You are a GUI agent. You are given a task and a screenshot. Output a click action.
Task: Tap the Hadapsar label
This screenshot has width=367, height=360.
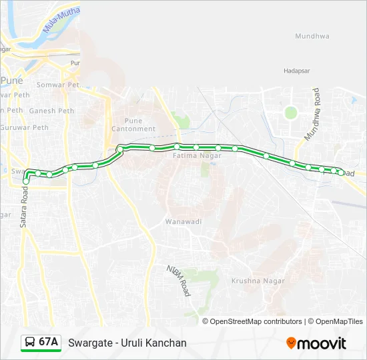pyautogui.click(x=297, y=70)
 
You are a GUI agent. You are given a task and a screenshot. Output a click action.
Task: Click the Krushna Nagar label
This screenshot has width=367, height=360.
pyautogui.click(x=258, y=281)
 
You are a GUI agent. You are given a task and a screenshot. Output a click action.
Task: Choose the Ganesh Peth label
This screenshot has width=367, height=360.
pyautogui.click(x=51, y=111)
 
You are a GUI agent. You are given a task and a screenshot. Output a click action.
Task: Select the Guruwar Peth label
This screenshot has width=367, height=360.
pyautogui.click(x=25, y=127)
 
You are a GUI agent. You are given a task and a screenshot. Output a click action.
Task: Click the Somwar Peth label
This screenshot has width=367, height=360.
pyautogui.click(x=58, y=85)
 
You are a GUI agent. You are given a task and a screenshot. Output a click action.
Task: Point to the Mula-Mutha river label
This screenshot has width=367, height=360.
pyautogui.click(x=61, y=21)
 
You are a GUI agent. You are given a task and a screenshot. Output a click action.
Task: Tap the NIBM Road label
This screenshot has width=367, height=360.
pyautogui.click(x=179, y=280)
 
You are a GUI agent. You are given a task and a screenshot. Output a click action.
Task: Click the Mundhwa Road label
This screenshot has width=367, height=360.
pyautogui.click(x=312, y=114)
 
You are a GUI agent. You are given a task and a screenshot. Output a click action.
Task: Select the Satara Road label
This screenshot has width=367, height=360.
pyautogui.click(x=23, y=207)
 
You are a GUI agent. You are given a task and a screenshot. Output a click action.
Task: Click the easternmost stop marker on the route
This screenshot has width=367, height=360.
pyautogui.click(x=341, y=173)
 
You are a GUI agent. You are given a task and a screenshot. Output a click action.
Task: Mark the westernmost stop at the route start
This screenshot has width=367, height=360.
pyautogui.click(x=25, y=181)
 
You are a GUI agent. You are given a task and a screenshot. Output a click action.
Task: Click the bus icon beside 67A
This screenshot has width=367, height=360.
pyautogui.click(x=30, y=343)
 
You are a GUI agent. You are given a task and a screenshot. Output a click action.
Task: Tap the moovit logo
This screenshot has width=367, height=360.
pyautogui.click(x=316, y=343)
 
